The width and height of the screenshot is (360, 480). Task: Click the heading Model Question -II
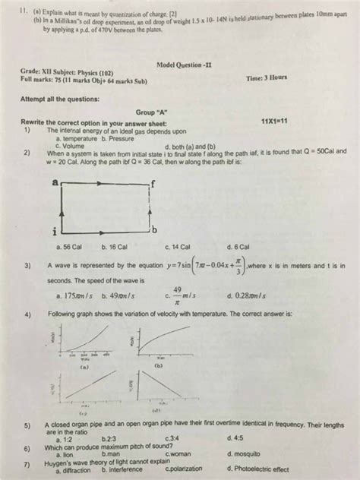[x=185, y=65]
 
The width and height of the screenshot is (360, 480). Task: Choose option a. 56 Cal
[x=69, y=247]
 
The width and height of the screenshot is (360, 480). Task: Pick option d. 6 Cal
[x=240, y=247]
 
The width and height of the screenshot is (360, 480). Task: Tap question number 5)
[x=27, y=426]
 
